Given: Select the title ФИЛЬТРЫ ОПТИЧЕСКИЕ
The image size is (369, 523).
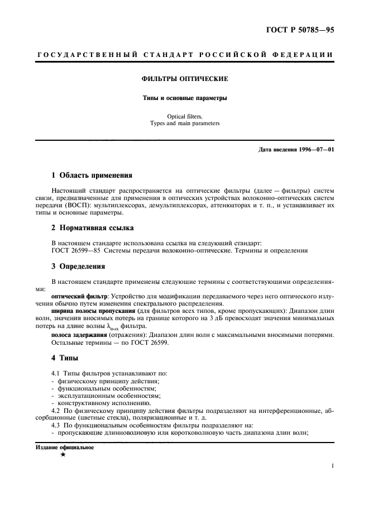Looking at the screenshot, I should coord(185,79).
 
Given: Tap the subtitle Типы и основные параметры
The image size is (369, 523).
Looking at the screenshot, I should coord(185,98).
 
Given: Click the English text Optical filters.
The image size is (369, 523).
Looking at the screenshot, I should coord(185,116).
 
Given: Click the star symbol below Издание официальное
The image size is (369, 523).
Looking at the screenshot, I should coord(63,455).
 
